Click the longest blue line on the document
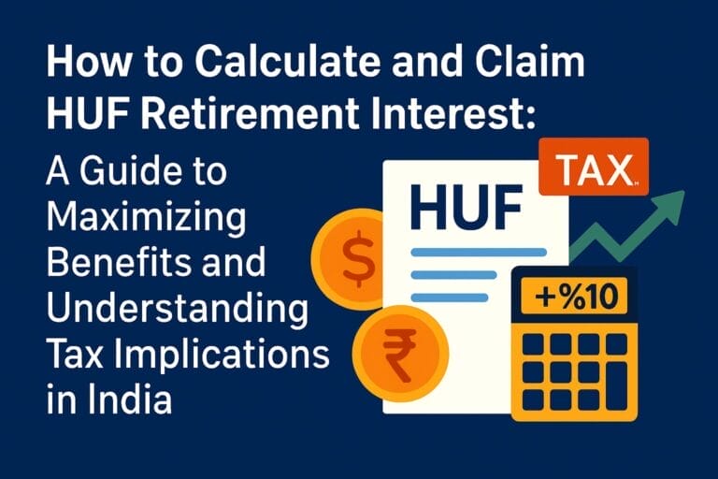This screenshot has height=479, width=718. pyautogui.click(x=479, y=252)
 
